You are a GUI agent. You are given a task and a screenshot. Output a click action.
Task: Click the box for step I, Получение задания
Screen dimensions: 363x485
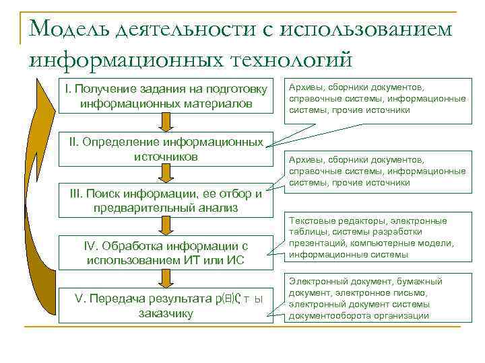[165, 97]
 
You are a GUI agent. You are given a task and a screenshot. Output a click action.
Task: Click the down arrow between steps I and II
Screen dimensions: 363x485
[165, 123]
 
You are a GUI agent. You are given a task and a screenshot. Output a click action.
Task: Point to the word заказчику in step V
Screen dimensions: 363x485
[166, 313]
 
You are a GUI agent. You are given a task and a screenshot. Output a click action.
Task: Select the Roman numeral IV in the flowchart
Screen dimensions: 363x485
[89, 245]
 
